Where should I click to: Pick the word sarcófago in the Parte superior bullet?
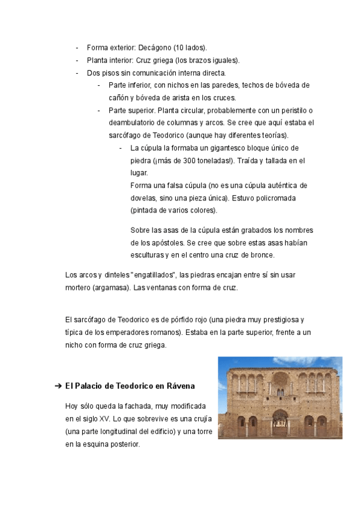(x=128, y=134)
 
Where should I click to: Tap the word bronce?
(x=262, y=255)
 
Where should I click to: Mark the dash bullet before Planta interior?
(x=77, y=60)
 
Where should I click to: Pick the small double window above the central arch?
(x=280, y=393)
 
